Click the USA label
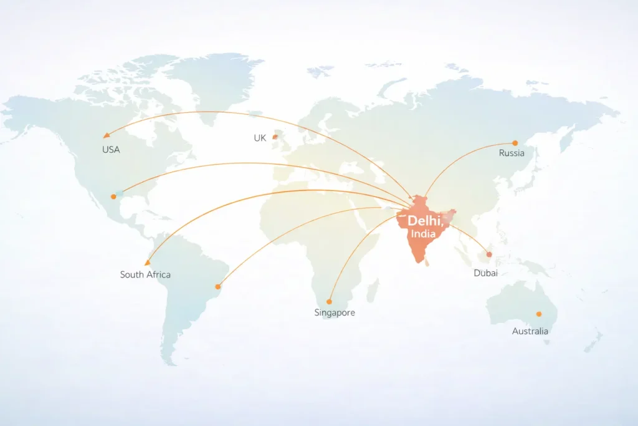[x=111, y=150]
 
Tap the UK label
[x=260, y=138]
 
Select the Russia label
[x=512, y=153]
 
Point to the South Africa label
[x=145, y=274]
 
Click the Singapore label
[x=335, y=312]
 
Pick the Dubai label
[x=485, y=273]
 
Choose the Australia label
[x=530, y=331]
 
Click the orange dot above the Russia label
[x=515, y=143]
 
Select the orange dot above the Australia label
[x=539, y=314]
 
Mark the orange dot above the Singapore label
[x=329, y=302]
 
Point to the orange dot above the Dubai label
[x=489, y=254]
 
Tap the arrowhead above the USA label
[x=107, y=135]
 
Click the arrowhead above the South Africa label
[x=148, y=263]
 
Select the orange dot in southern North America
[x=113, y=196]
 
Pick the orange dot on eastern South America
[x=218, y=287]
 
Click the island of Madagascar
[x=373, y=290]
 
